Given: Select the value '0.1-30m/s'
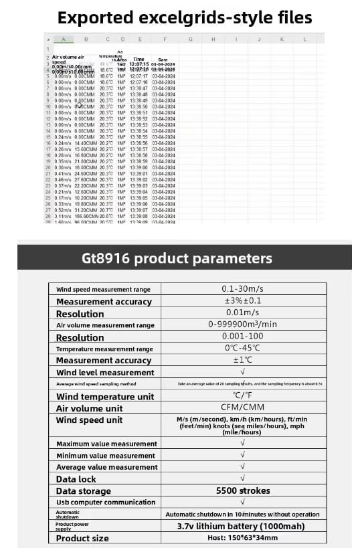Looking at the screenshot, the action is pos(242,289).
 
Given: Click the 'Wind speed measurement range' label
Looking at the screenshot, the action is pos(103,290).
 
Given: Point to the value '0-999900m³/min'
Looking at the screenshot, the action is pos(242,325).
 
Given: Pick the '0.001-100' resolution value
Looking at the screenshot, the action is pos(242,337).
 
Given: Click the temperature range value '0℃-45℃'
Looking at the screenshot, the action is pos(242,349).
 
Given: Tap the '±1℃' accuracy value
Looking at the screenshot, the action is pos(242,361).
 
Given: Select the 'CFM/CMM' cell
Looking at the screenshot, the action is pos(242,407).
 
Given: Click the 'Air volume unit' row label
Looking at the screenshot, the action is pos(89,408).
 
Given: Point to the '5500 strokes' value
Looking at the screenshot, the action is pos(242,490).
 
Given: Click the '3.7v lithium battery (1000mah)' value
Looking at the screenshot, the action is pos(242,526).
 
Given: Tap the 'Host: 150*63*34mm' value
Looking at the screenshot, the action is pos(242,538).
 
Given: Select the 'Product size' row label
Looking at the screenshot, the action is pos(82,538).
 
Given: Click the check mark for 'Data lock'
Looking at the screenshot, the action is pos(242,478).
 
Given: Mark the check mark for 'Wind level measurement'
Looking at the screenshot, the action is pos(242,372).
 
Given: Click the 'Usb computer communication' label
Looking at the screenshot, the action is pos(105,502).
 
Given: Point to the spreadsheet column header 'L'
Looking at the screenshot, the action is pos(304,39).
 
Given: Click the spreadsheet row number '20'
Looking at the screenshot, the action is pos(48,167).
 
